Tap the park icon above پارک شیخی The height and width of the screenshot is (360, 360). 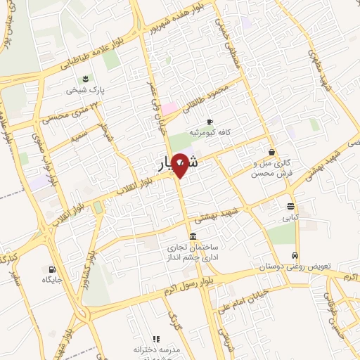85,77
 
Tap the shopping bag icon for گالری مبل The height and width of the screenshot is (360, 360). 272,151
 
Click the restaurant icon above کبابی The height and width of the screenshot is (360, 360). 290,206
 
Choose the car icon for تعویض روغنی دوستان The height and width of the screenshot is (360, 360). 296,256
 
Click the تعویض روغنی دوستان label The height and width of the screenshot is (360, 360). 304,268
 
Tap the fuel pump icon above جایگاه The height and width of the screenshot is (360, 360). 51,269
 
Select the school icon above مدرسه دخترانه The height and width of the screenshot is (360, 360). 156,339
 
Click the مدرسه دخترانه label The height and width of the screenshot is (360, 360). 156,349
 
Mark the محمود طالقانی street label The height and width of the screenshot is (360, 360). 203,99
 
